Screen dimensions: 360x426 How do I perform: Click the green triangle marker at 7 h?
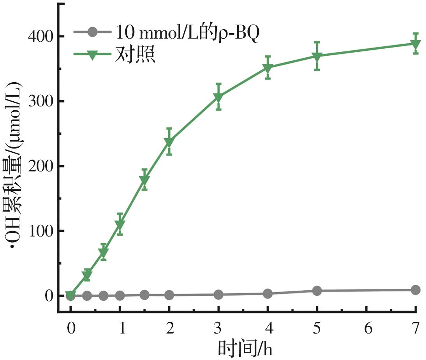click(415, 44)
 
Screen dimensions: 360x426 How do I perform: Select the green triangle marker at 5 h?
click(317, 56)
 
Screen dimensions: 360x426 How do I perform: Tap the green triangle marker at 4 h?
click(268, 68)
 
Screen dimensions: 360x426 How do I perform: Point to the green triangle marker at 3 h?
click(218, 97)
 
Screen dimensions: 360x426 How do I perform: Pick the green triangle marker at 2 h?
click(169, 142)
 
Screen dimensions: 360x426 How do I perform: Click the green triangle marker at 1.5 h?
click(144, 180)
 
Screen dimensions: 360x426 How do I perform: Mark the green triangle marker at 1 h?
click(120, 224)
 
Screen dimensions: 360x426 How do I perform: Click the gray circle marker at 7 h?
click(415, 290)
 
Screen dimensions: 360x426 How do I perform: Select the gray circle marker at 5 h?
click(317, 291)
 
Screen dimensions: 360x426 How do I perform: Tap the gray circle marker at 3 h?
click(218, 295)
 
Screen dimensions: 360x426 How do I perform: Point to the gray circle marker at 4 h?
click(268, 294)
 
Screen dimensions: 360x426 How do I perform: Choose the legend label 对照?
click(135, 55)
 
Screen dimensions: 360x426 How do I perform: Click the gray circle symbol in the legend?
click(92, 32)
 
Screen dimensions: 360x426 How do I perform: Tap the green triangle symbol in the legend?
click(92, 55)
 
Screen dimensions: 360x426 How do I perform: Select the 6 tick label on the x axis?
click(366, 328)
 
